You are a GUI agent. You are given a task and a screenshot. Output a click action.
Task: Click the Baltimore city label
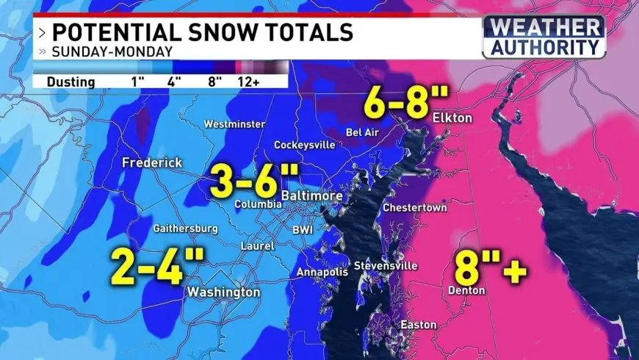click(312, 196)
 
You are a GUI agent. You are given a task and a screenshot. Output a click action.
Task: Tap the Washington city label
click(223, 292)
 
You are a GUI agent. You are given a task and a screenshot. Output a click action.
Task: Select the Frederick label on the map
click(152, 162)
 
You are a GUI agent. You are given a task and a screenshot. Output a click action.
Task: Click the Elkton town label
click(452, 118)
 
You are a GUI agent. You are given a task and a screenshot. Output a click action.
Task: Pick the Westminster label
click(234, 123)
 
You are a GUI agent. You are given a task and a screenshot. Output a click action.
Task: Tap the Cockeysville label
click(304, 145)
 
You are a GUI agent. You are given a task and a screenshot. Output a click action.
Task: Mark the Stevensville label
click(386, 265)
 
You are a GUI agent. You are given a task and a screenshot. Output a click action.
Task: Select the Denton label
click(466, 290)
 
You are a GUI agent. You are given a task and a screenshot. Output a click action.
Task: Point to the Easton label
click(418, 325)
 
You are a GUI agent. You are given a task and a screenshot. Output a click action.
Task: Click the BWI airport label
click(303, 230)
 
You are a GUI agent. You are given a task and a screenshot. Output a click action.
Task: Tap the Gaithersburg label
click(185, 228)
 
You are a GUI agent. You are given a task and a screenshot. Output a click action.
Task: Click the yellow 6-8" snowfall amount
click(397, 104)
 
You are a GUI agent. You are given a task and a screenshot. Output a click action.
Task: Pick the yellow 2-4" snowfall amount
click(157, 266)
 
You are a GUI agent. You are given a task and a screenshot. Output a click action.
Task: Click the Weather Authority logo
click(544, 36)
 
